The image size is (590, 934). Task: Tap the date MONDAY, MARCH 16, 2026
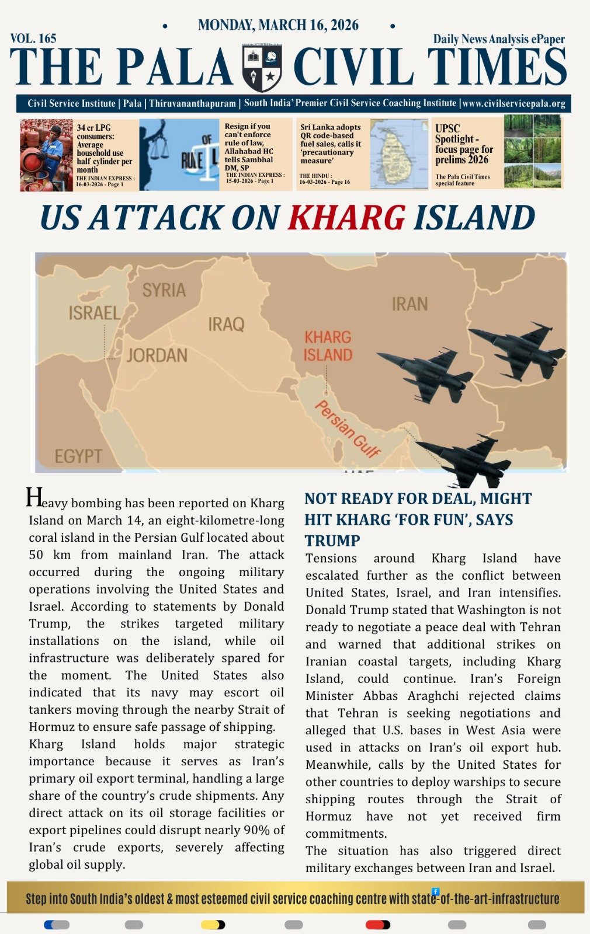tap(278, 25)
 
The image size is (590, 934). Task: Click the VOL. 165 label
tap(33, 39)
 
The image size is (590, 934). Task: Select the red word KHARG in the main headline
tap(346, 218)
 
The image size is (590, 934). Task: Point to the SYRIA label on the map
tap(164, 290)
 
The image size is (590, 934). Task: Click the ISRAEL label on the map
tap(94, 313)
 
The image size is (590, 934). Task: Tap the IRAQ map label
tap(226, 324)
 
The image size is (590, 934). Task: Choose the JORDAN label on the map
tap(157, 355)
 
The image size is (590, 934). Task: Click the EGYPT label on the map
tap(78, 456)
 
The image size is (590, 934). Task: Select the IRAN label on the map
tap(409, 304)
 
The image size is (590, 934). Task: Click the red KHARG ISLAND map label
tap(328, 346)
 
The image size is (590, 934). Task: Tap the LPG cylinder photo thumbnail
tap(47, 155)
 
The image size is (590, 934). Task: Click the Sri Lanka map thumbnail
tap(399, 154)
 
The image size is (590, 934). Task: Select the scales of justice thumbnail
tap(179, 154)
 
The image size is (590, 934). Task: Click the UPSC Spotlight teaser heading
tap(464, 144)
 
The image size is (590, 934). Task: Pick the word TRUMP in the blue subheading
tap(332, 540)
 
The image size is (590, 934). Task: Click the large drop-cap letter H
tap(34, 497)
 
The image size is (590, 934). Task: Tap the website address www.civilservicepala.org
tap(513, 103)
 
